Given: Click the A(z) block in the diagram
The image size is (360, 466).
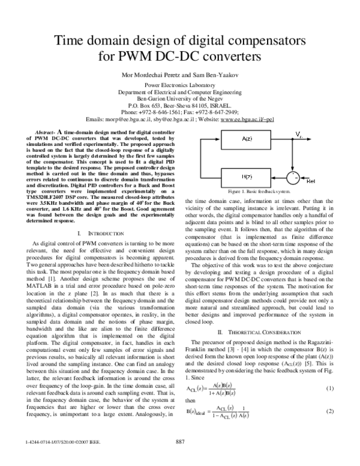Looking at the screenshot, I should (x=247, y=139).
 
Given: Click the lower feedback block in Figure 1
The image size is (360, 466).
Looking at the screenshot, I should (x=247, y=176).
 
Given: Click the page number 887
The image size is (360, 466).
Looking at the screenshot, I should (x=179, y=458).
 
